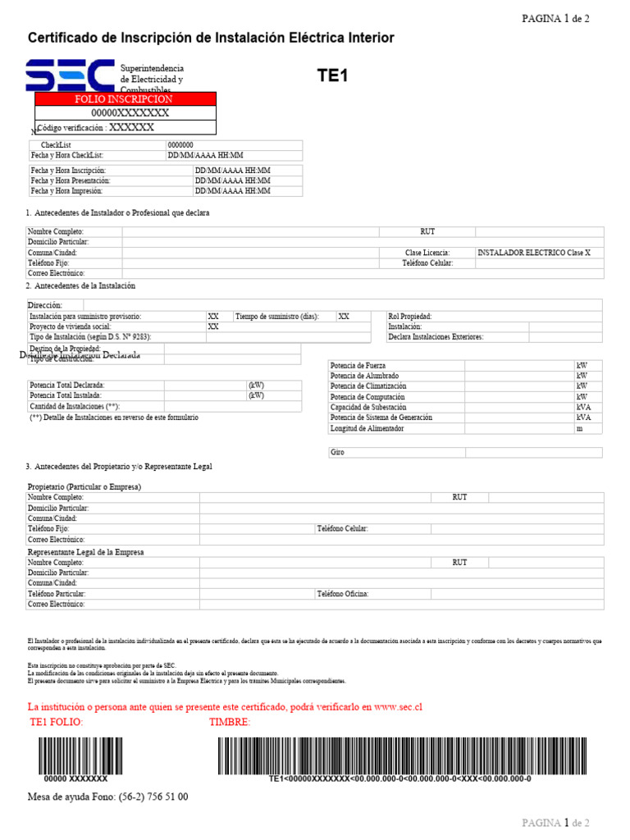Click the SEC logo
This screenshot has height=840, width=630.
(70, 75)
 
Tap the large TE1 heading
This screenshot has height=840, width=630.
(333, 76)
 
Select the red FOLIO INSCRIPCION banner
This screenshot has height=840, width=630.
(125, 98)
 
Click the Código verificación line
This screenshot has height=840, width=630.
(96, 127)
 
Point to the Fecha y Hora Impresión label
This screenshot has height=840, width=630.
(66, 190)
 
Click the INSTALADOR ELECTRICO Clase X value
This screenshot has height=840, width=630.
(533, 253)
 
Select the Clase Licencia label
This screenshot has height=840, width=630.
(427, 253)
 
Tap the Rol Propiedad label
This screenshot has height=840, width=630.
(410, 316)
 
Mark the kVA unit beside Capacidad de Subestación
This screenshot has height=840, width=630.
(583, 407)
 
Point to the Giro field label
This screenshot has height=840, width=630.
(337, 452)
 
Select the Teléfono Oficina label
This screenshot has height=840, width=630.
(343, 593)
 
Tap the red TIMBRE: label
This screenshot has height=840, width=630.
(230, 722)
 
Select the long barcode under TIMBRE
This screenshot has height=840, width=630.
(402, 755)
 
